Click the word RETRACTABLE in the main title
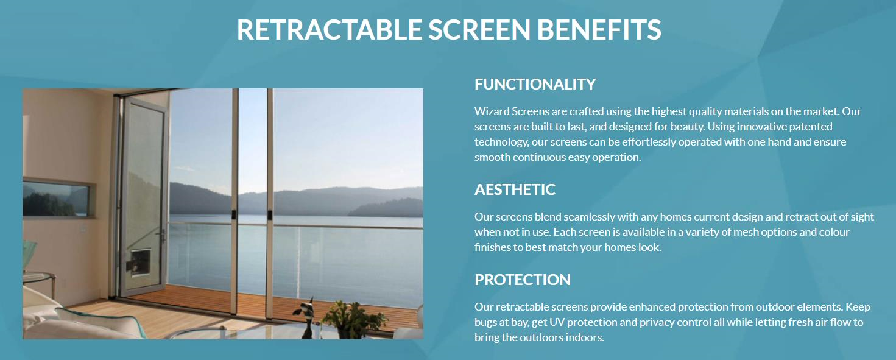point(329,30)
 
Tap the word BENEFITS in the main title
point(599,30)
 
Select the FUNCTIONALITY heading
point(535,85)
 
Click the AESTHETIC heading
point(515,189)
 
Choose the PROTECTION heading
point(523,280)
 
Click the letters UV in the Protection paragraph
point(556,322)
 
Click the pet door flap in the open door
point(140,262)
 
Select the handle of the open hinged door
point(162,236)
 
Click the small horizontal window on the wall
point(58,199)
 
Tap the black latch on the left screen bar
point(234,214)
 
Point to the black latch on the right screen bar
point(270,214)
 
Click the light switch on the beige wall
point(83,230)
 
